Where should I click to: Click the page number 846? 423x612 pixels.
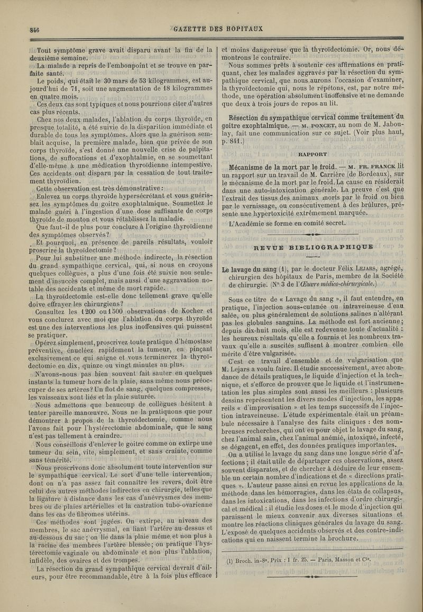pyautogui.click(x=23, y=30)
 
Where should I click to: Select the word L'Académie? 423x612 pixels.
pyautogui.click(x=249, y=222)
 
